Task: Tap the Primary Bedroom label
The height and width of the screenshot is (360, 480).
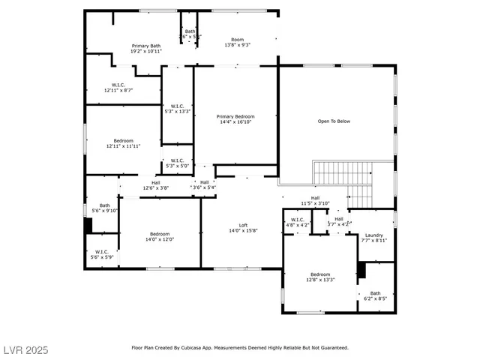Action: click(235, 119)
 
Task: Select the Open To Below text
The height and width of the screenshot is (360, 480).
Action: click(334, 121)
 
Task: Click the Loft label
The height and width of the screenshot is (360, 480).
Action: click(243, 228)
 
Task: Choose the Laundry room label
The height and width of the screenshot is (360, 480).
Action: click(373, 237)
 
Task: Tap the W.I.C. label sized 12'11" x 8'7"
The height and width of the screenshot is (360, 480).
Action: click(118, 87)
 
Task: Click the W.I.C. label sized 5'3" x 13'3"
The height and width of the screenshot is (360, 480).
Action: click(178, 108)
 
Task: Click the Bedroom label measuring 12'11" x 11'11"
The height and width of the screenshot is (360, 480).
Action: click(124, 143)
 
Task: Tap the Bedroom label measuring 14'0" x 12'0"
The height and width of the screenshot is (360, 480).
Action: click(159, 236)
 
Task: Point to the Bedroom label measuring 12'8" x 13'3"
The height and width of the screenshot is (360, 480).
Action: click(320, 277)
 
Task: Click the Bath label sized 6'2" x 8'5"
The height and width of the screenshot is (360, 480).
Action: click(374, 295)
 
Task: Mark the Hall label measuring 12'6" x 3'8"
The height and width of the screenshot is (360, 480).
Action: click(155, 185)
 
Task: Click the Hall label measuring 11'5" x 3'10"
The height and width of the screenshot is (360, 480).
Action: click(315, 200)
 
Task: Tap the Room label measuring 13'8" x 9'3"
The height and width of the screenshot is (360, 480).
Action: click(237, 42)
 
